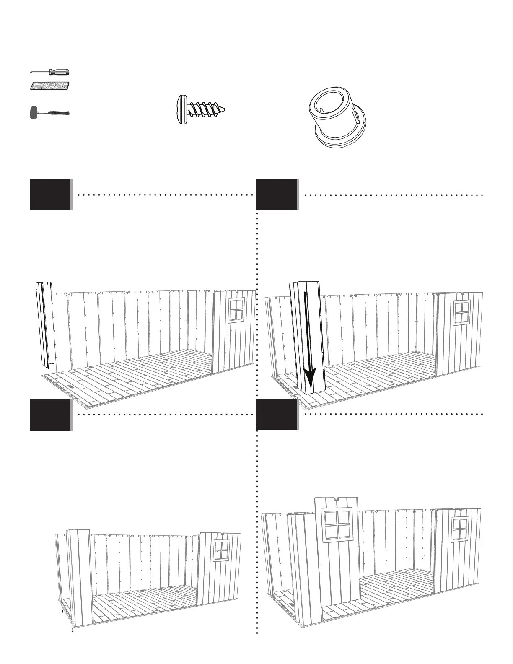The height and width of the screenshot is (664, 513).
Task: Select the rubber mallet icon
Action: click(49, 113)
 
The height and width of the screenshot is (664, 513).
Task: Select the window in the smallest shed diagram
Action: click(221, 551)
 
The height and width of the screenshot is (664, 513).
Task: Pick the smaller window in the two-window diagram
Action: click(459, 529)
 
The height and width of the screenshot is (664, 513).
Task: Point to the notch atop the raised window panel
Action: click(337, 500)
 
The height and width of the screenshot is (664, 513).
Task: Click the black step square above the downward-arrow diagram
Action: click(277, 195)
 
